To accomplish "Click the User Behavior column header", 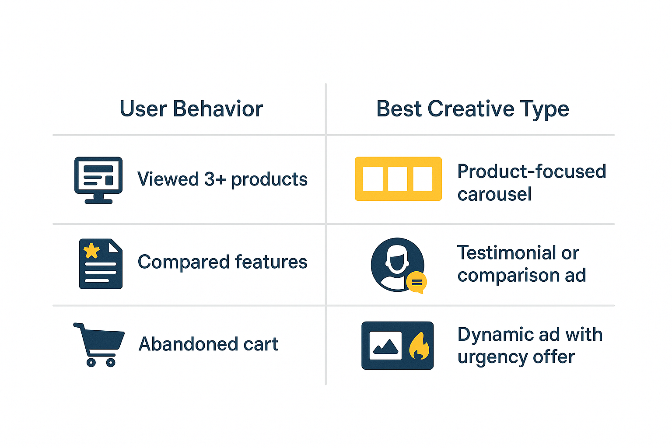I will [191, 109].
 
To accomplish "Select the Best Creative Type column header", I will [472, 109].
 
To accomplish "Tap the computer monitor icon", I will [98, 179].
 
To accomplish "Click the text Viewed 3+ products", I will [222, 179].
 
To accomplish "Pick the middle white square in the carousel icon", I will [398, 179].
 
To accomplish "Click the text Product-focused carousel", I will [531, 183].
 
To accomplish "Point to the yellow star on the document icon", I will [91, 251].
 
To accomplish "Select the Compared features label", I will [222, 262].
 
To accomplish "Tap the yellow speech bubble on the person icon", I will [416, 283].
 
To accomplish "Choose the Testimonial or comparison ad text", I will [521, 264].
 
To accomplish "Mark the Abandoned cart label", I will [208, 344].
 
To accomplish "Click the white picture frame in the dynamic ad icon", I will [385, 346].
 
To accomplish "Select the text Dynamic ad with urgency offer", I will [529, 346].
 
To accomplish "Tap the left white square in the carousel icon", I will [373, 179].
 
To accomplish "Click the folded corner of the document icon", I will [115, 246].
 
